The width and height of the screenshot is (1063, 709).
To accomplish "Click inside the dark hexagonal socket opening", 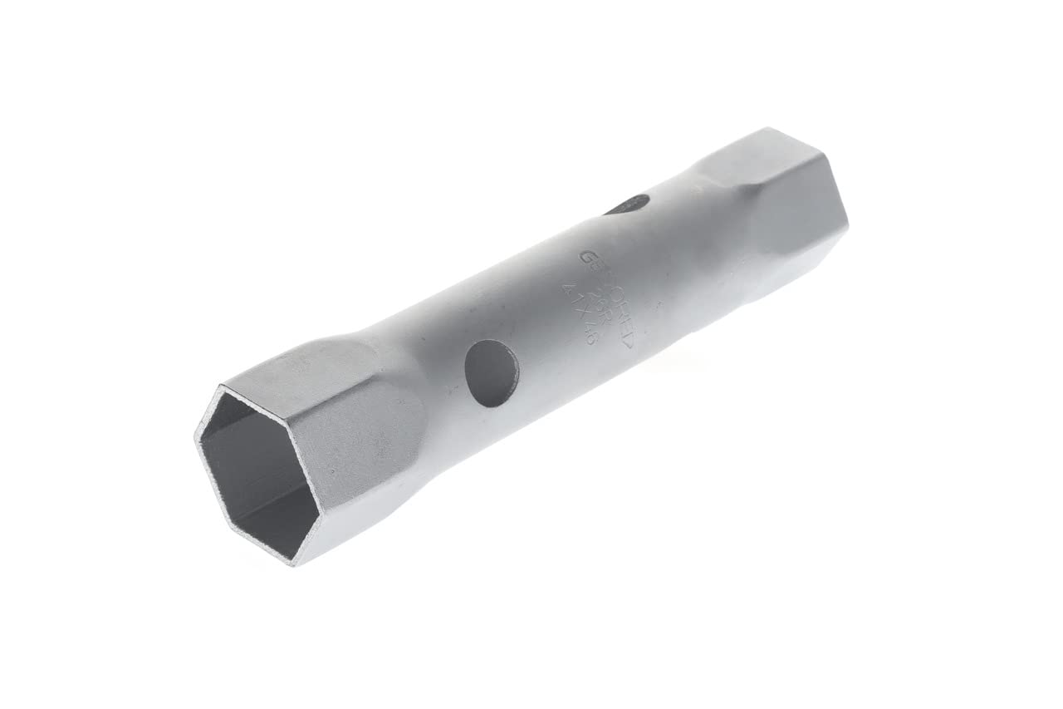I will pyautogui.click(x=257, y=474).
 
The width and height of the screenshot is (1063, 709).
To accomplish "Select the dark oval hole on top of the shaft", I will pyautogui.click(x=629, y=204).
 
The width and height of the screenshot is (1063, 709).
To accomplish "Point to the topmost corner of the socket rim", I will pyautogui.click(x=221, y=387).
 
